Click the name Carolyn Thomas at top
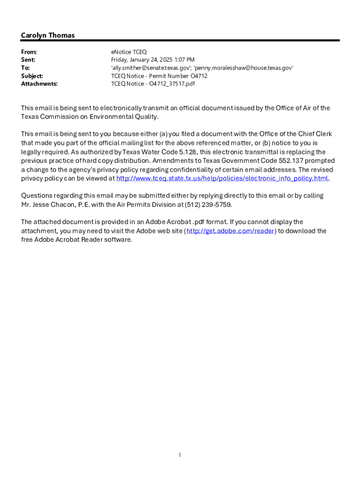[48, 36]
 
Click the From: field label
[29, 52]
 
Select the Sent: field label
[28, 60]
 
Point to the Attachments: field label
[39, 84]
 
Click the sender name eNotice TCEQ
[129, 52]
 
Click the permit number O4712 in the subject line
[199, 76]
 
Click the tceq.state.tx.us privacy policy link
[222, 179]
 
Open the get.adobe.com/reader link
[230, 231]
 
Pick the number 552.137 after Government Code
[292, 161]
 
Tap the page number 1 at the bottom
[180, 455]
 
